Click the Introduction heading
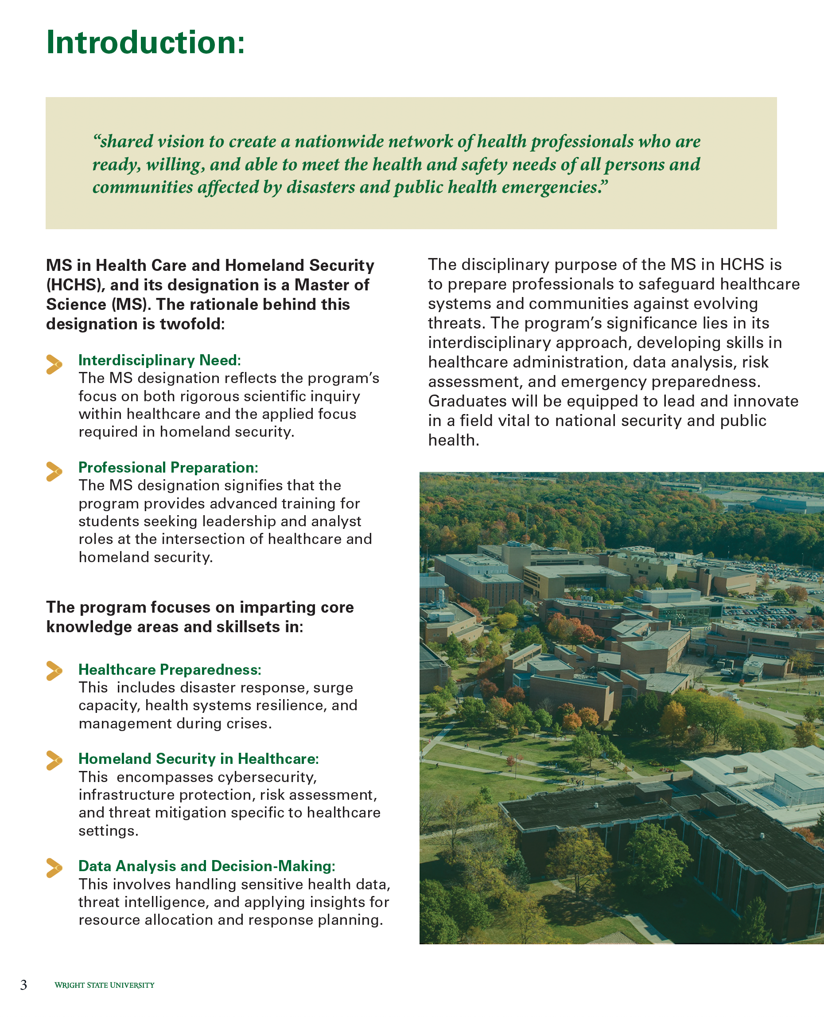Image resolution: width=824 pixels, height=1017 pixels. [x=146, y=43]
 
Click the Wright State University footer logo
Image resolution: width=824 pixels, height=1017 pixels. [x=105, y=985]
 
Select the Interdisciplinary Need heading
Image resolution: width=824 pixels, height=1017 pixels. [x=159, y=360]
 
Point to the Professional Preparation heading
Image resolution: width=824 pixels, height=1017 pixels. [x=168, y=467]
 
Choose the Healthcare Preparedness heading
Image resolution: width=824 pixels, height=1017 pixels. [x=169, y=670]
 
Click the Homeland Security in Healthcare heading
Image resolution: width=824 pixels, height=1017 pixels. [x=198, y=759]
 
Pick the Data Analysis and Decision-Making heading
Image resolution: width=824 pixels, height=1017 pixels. [x=206, y=866]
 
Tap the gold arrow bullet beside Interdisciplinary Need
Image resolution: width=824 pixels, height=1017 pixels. [x=54, y=364]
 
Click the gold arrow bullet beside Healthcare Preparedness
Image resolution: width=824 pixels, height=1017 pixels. [x=54, y=671]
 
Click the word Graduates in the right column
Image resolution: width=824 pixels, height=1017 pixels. [x=467, y=401]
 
